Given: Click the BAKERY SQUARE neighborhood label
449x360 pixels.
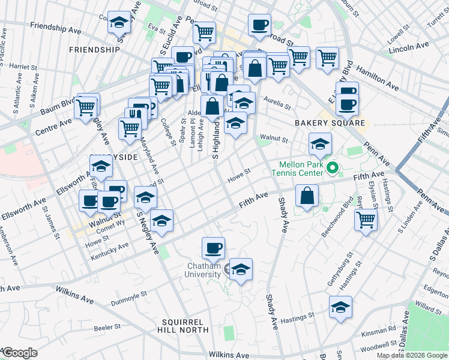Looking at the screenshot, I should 330,123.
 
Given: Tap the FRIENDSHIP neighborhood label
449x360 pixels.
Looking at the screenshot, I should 94,49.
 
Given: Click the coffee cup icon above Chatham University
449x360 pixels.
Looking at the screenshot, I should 212,247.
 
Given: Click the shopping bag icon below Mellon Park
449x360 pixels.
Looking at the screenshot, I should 307,196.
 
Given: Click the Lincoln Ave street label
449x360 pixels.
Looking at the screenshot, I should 409,46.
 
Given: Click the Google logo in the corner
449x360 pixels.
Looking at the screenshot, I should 20,353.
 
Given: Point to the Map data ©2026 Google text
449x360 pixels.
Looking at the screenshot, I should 412,355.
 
